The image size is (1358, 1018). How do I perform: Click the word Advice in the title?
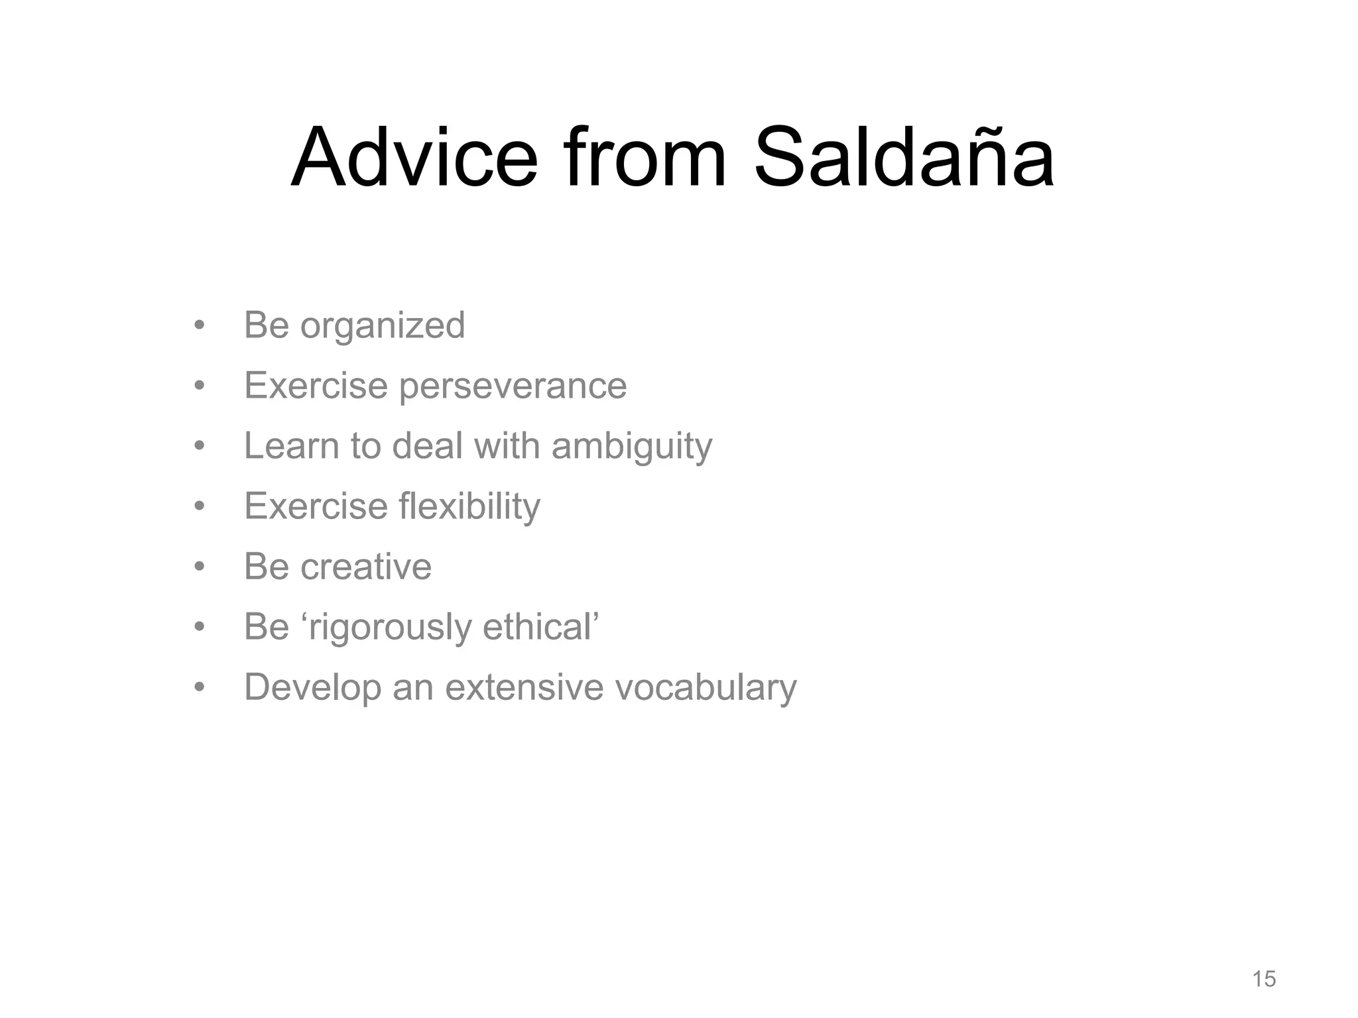(x=414, y=158)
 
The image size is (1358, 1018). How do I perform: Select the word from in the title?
(x=645, y=158)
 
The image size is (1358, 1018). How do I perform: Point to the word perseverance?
(x=512, y=386)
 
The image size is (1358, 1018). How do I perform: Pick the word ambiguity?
(x=631, y=447)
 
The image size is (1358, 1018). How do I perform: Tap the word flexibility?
(x=469, y=507)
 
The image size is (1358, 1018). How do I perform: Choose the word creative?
(x=365, y=567)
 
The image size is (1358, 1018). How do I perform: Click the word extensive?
(x=524, y=687)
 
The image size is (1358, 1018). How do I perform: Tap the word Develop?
(x=312, y=688)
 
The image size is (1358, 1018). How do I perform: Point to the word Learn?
(x=291, y=446)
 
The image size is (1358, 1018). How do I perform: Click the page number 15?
(x=1264, y=979)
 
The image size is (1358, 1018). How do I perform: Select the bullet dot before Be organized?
(x=199, y=326)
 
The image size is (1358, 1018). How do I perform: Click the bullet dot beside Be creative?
(x=199, y=567)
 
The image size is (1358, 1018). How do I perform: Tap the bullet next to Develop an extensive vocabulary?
(x=199, y=687)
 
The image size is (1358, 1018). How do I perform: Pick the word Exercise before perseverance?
(x=316, y=386)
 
